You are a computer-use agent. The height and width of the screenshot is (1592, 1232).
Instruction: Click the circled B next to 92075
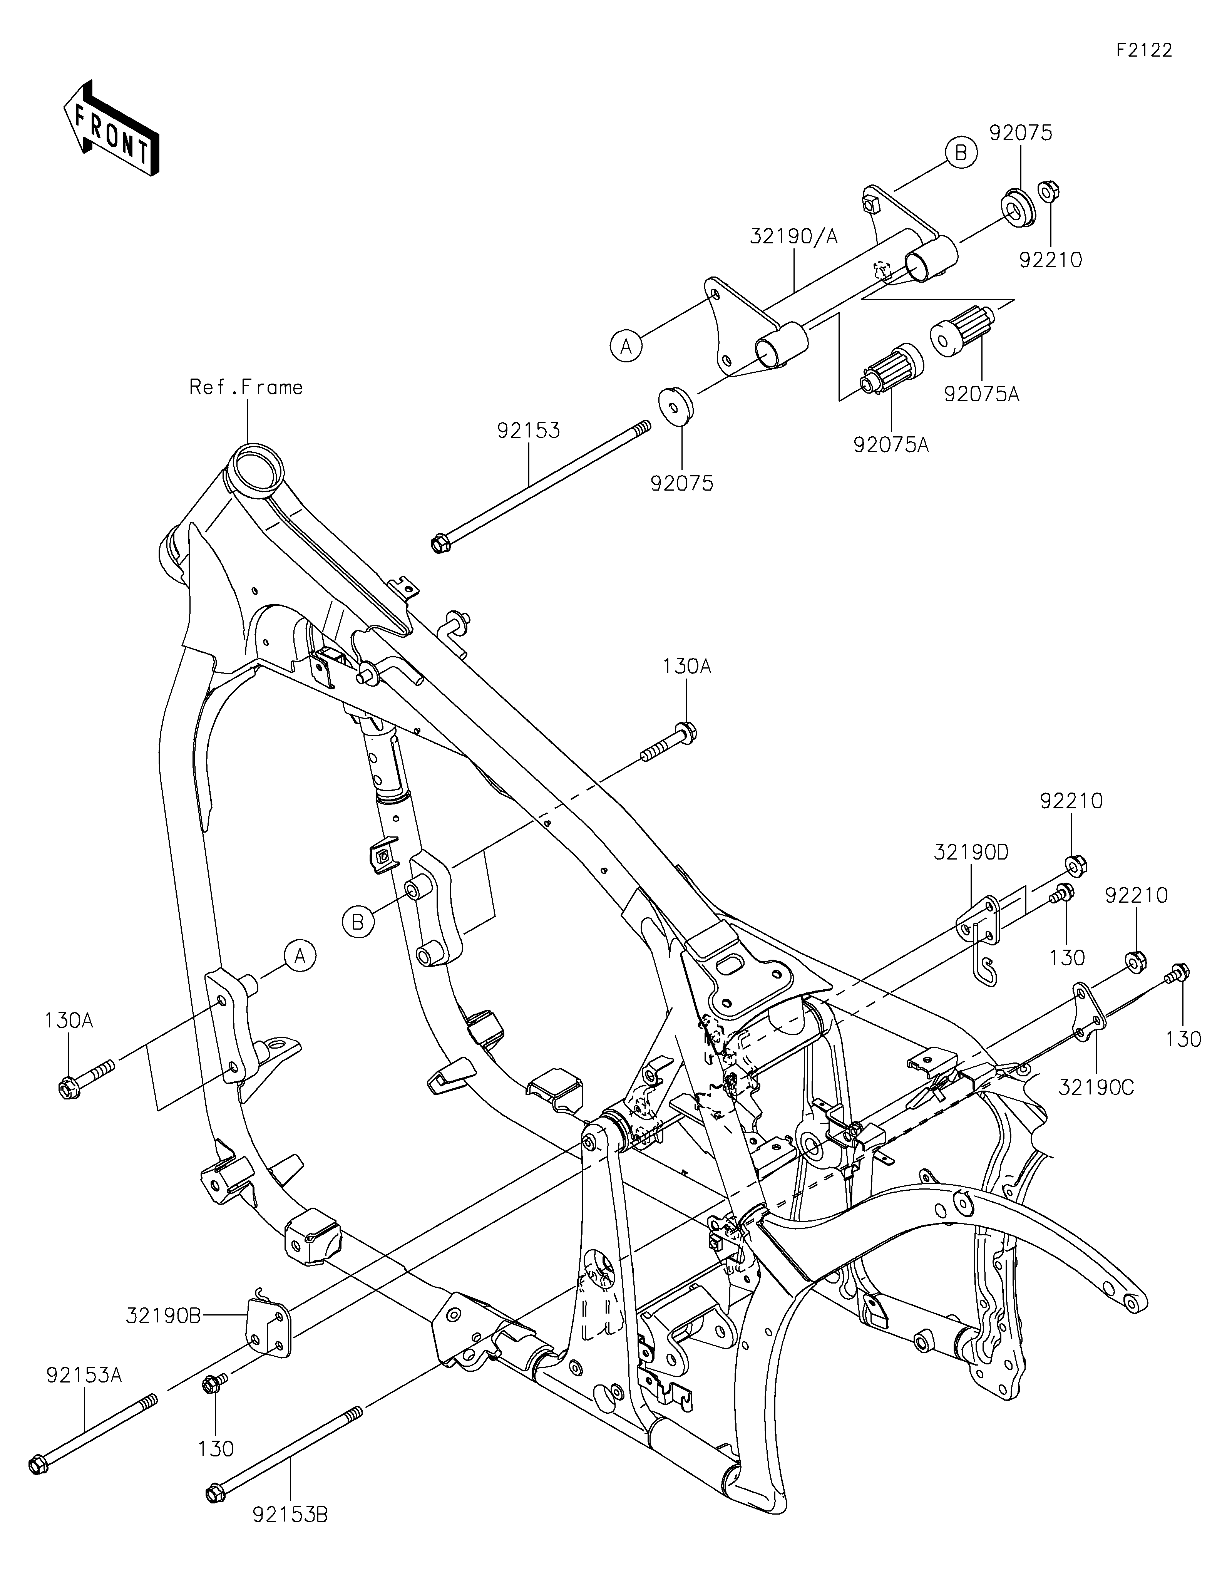(x=961, y=153)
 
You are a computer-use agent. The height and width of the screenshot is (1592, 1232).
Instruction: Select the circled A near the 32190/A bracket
(x=626, y=345)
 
